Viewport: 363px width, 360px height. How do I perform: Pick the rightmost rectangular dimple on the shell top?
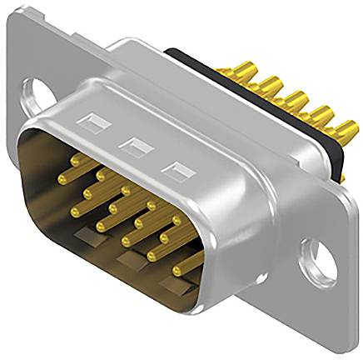point(174,172)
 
